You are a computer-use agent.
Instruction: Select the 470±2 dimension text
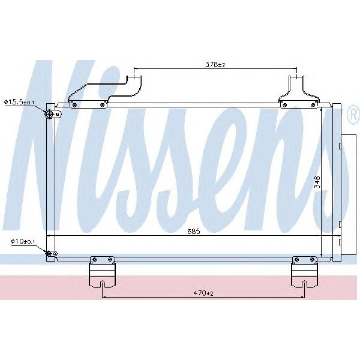(x=204, y=293)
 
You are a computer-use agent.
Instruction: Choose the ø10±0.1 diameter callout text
(x=23, y=241)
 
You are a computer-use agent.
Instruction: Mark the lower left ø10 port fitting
(x=51, y=254)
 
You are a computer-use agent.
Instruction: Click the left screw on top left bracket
(x=74, y=105)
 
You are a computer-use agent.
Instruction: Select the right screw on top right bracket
(x=313, y=105)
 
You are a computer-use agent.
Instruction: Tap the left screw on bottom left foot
(x=93, y=260)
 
